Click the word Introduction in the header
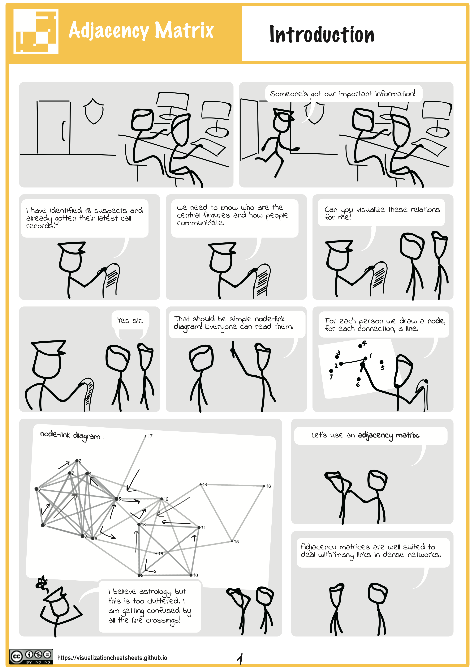(x=322, y=34)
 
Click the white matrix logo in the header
(x=36, y=32)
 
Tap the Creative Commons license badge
(x=31, y=656)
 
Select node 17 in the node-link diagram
(x=146, y=436)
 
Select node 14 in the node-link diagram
(x=201, y=484)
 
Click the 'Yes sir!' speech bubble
(x=130, y=320)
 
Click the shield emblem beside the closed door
(x=94, y=111)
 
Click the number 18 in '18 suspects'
(x=88, y=210)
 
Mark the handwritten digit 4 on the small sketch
(x=364, y=343)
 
